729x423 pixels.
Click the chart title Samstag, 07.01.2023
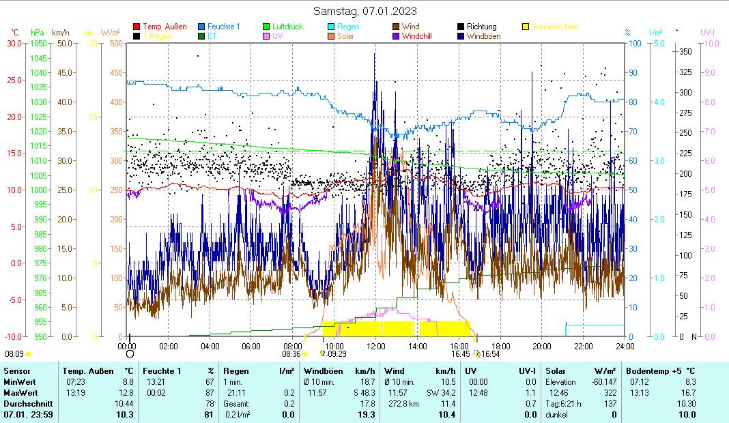pyautogui.click(x=364, y=11)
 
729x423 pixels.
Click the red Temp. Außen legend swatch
pyautogui.click(x=137, y=27)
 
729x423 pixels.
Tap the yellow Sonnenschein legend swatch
pyautogui.click(x=526, y=27)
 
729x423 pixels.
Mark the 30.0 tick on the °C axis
pyautogui.click(x=14, y=43)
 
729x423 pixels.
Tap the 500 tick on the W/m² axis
pyautogui.click(x=115, y=43)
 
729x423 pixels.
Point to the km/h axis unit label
pyautogui.click(x=61, y=33)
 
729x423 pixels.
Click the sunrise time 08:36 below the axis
pyautogui.click(x=291, y=354)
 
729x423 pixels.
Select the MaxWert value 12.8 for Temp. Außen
pyautogui.click(x=128, y=392)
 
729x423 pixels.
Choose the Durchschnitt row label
pyautogui.click(x=23, y=403)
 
